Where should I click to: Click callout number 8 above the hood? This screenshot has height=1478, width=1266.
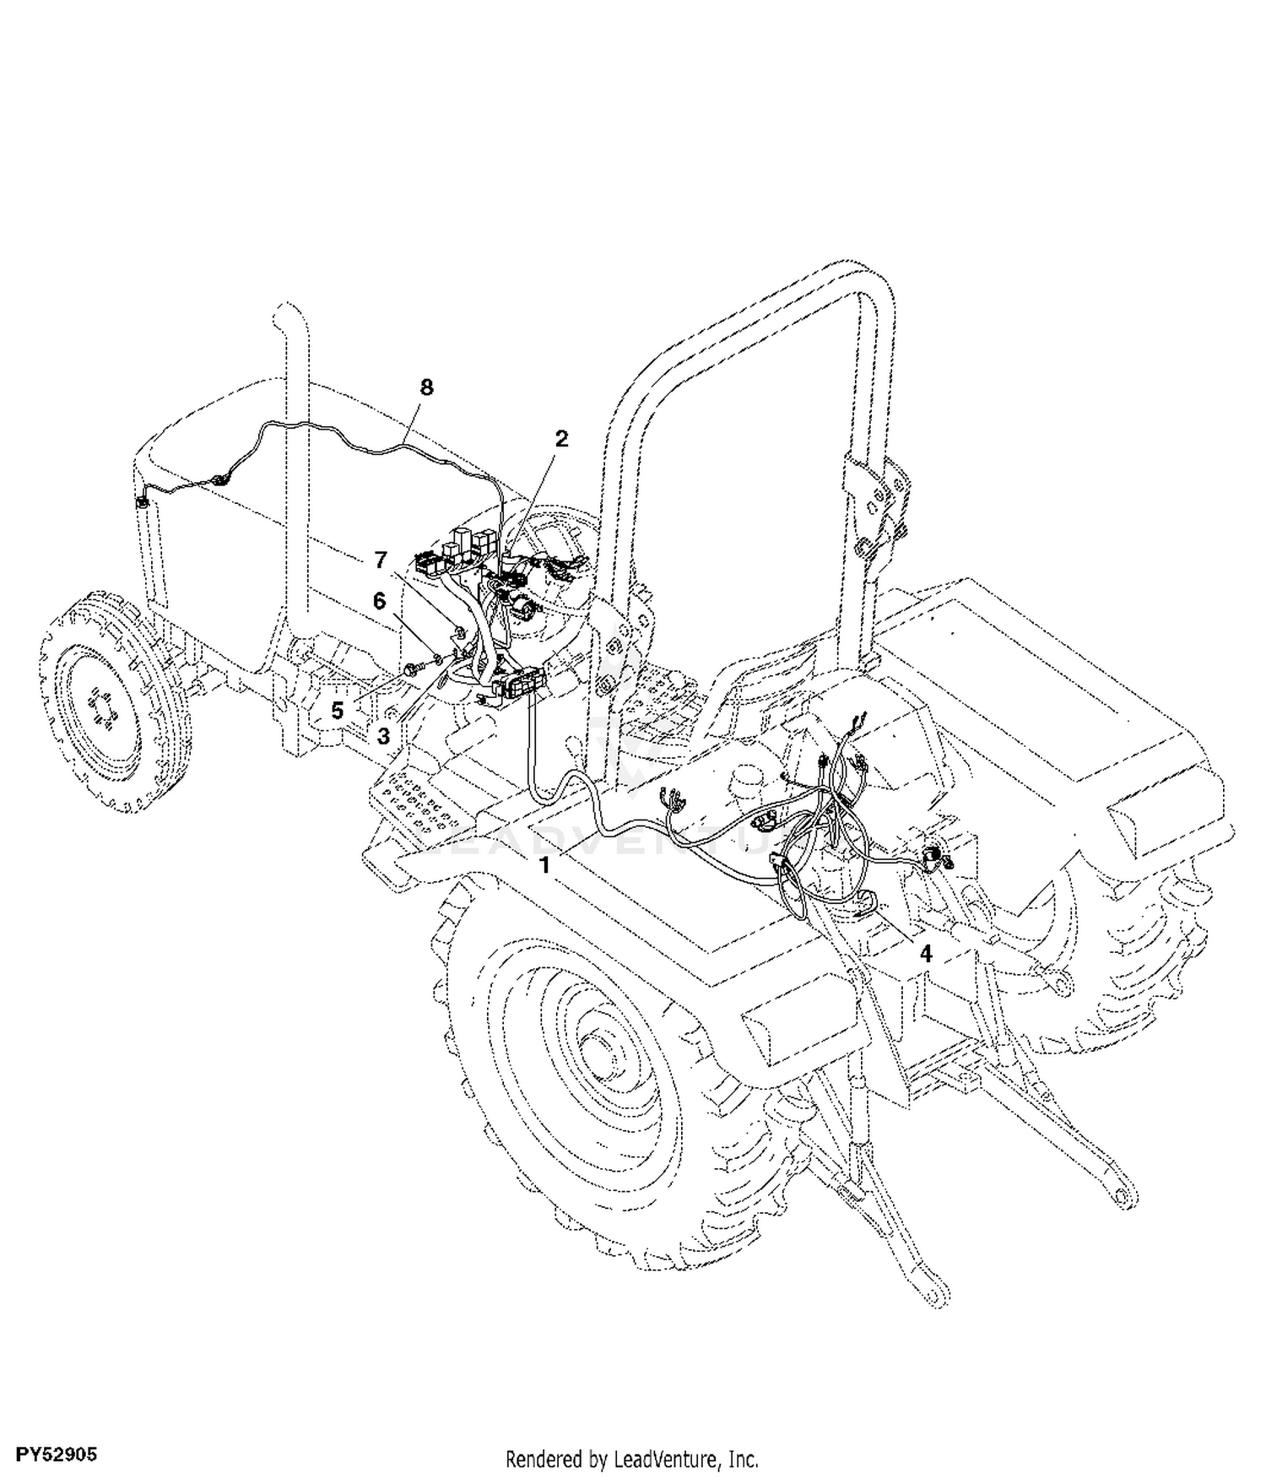pos(426,387)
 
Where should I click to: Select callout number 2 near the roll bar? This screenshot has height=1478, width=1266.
pos(561,439)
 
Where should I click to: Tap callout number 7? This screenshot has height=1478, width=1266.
pos(381,560)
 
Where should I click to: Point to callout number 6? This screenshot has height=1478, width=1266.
pos(379,601)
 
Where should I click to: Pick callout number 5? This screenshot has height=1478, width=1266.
pos(338,711)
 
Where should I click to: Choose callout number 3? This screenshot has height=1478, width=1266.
pos(384,736)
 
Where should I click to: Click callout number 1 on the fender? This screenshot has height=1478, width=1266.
pos(545,865)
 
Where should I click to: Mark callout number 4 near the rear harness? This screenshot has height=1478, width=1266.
pos(926,954)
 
